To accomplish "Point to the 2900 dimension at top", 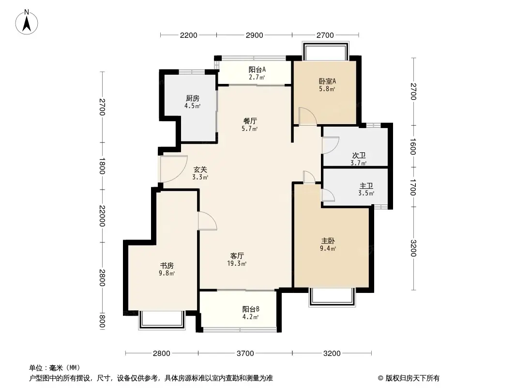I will click(254, 35).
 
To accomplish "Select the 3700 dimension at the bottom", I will click(245, 353).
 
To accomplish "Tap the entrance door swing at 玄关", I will click(173, 168).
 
